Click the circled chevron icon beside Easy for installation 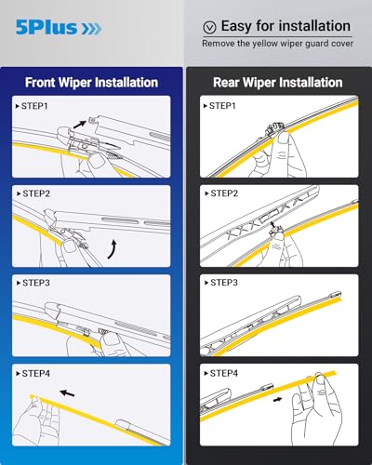tap(209, 27)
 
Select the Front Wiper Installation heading tap(92, 82)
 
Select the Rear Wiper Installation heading tap(278, 82)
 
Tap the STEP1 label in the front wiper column tap(35, 106)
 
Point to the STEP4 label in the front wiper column tap(35, 373)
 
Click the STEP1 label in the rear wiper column tap(221, 106)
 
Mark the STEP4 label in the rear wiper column tap(221, 373)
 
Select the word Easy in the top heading tap(244, 26)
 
